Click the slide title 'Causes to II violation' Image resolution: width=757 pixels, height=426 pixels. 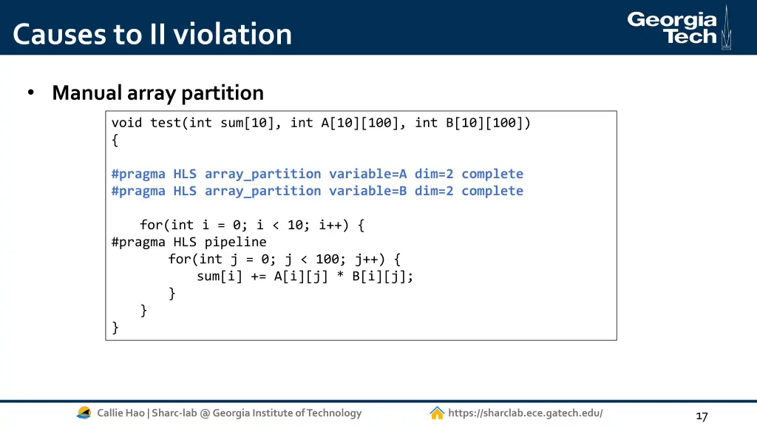152,34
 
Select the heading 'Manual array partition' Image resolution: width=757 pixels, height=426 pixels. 157,93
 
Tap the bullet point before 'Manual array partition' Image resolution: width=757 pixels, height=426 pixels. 31,94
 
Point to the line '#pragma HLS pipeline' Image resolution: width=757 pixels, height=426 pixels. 189,242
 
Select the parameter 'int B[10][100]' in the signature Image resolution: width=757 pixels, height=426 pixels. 472,123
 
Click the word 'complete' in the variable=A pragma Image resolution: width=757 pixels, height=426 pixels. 492,174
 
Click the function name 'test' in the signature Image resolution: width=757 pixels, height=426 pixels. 166,123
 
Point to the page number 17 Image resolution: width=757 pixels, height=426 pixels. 702,416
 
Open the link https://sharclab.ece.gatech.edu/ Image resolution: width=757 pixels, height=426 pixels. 525,413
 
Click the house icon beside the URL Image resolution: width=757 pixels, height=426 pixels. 437,413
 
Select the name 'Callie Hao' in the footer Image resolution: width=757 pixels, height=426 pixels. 120,413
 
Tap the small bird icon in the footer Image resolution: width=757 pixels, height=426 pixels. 84,413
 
